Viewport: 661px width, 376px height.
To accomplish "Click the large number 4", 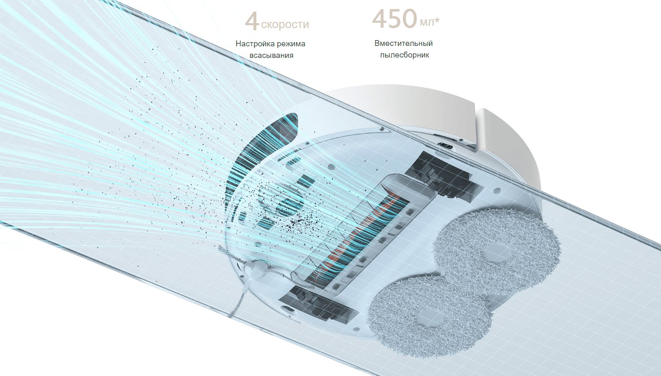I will tap(252, 22).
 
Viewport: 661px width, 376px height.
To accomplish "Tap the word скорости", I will tap(285, 24).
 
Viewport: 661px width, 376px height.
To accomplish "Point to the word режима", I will tap(291, 43).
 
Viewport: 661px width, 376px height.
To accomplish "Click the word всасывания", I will tap(271, 55).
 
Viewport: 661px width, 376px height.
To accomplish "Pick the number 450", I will tap(394, 19).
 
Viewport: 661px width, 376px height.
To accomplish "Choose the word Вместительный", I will tap(403, 43).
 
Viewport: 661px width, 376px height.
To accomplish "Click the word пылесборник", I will tap(405, 55).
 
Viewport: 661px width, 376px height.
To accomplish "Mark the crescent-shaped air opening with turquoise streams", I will tap(265, 145).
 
